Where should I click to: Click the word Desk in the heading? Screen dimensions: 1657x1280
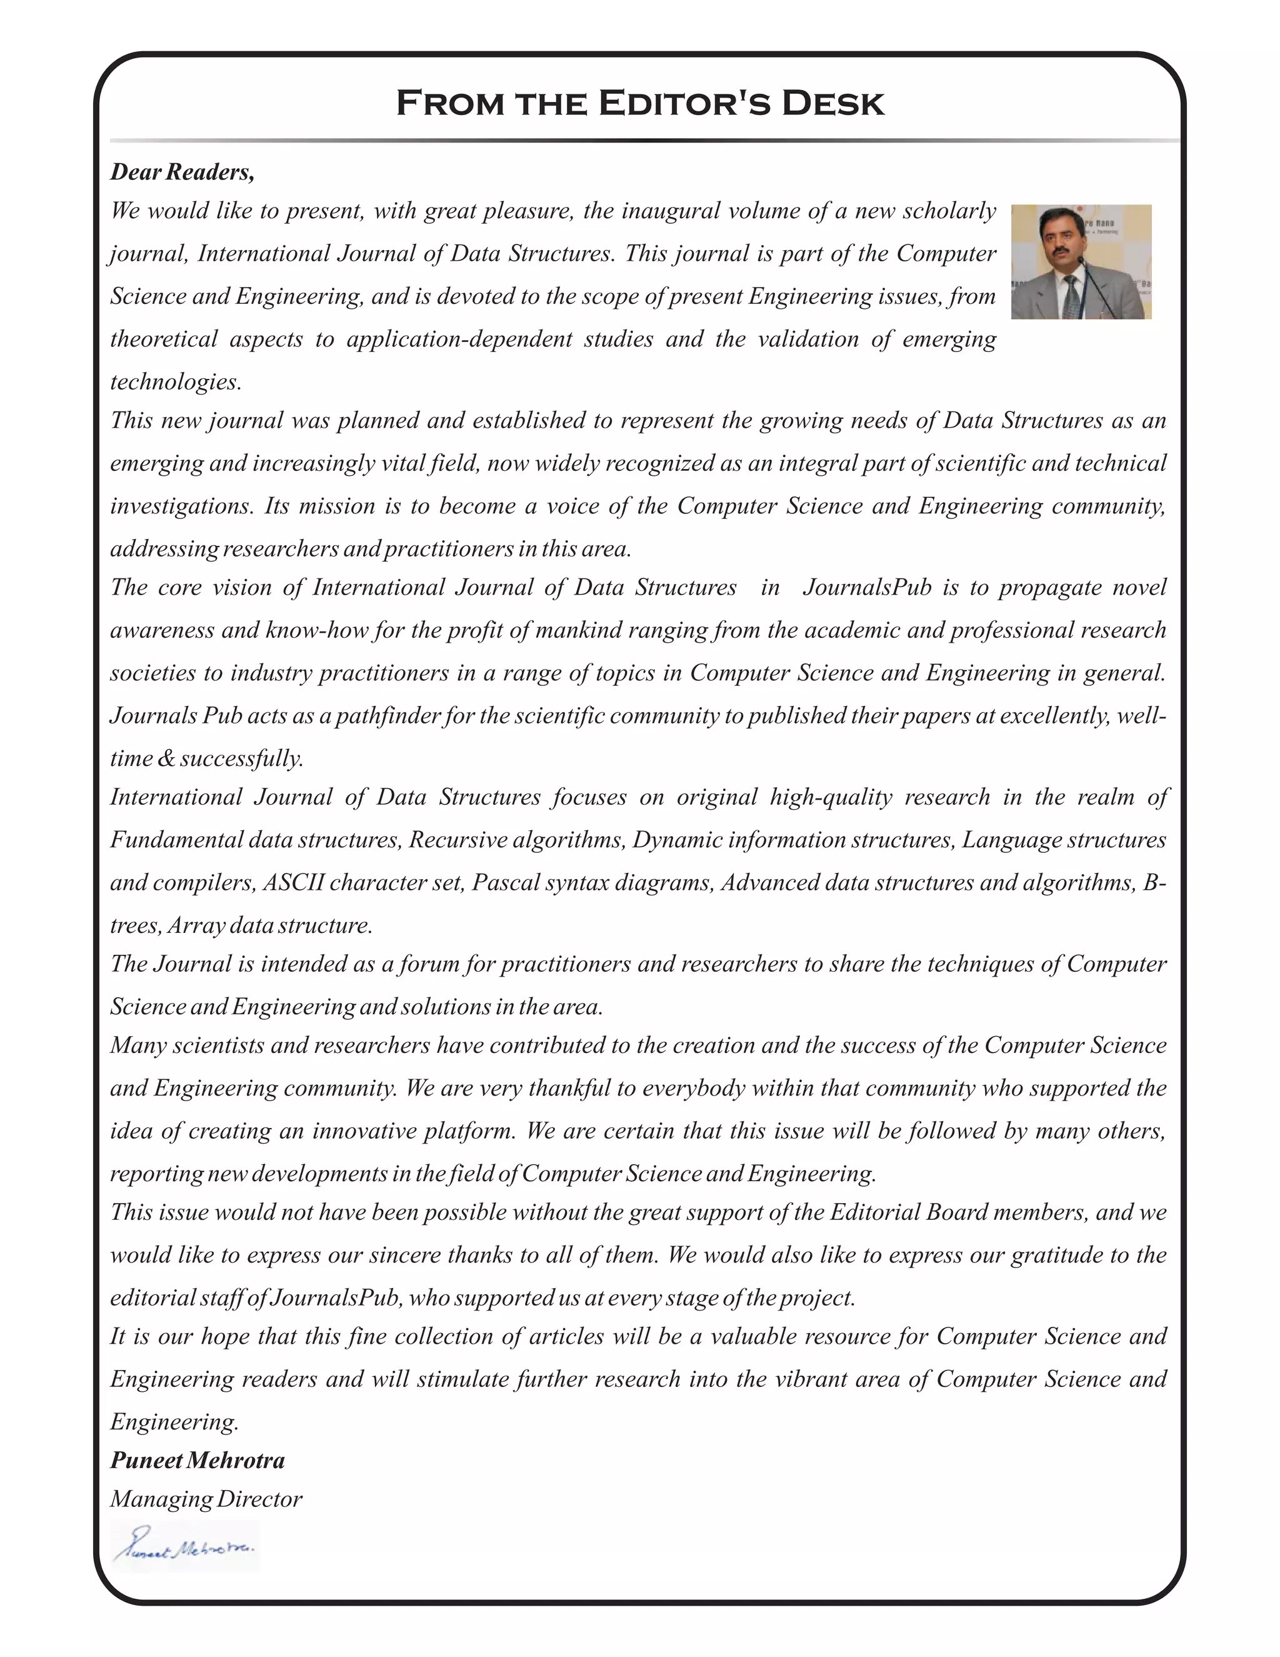click(832, 103)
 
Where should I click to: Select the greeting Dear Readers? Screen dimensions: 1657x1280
click(182, 172)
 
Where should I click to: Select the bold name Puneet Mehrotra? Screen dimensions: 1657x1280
click(197, 1461)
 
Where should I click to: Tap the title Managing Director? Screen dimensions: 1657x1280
click(206, 1499)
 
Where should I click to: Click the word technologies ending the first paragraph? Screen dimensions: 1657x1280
click(174, 381)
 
